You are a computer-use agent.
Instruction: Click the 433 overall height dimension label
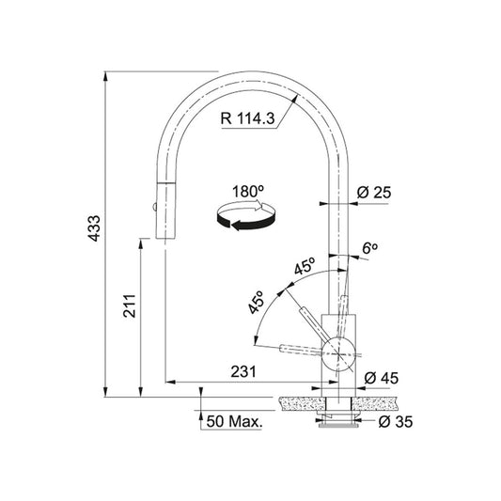coord(94,228)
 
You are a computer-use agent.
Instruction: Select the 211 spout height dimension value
coord(130,305)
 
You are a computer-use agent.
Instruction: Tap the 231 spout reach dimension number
coord(243,371)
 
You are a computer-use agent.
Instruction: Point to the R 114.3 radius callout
coord(247,118)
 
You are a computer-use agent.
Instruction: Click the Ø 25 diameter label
coord(374,193)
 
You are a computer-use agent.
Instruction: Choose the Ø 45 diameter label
coord(382,378)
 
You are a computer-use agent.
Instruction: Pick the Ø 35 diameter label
coord(396,422)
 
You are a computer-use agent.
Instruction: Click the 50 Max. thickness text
coord(234,422)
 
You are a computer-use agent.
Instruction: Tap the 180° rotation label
coord(248,192)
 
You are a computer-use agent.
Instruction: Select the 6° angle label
coord(370,248)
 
